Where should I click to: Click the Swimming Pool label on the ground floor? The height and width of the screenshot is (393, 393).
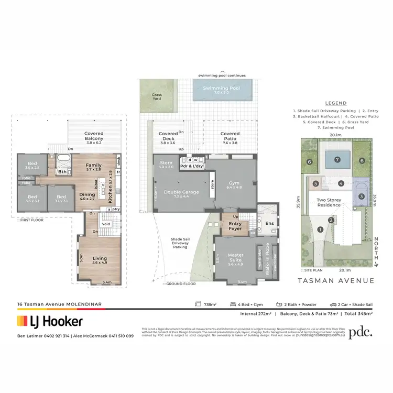221,89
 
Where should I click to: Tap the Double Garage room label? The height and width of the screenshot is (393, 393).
182,192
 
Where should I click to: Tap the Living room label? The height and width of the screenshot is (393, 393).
100,258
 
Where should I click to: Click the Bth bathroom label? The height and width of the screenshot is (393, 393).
62,171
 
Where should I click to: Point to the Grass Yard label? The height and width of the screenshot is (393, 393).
157,97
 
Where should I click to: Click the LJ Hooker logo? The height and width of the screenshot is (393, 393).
50,321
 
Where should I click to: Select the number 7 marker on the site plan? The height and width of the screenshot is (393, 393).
338,159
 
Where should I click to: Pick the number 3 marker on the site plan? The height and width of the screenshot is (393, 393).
361,196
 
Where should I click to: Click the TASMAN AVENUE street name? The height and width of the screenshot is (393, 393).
335,281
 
